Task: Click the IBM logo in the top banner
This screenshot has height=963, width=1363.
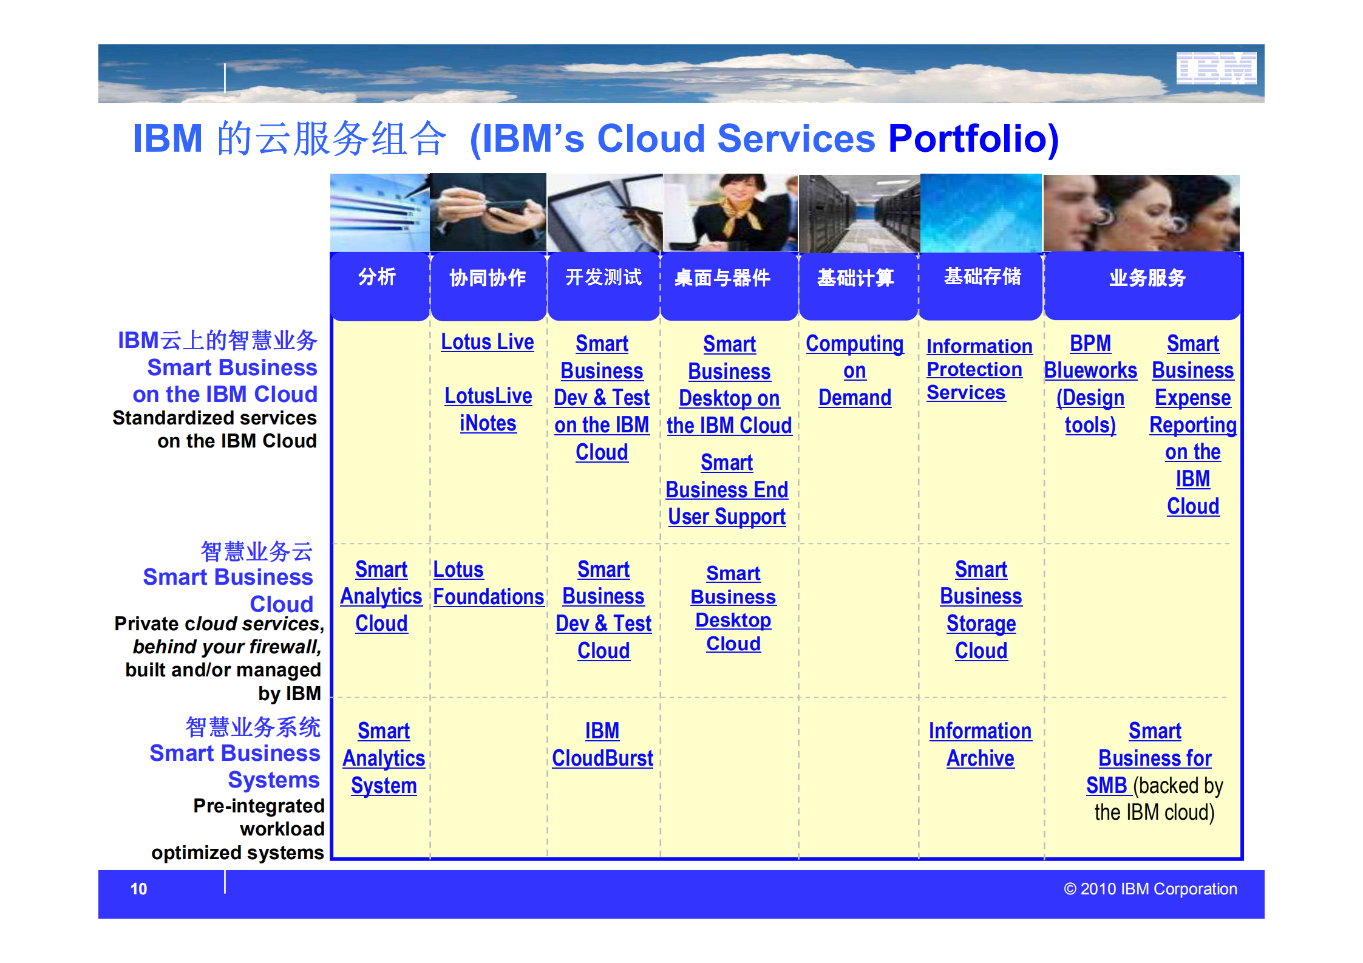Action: tap(1216, 68)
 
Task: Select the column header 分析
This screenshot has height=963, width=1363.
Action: tap(377, 277)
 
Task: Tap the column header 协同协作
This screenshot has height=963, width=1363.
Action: tap(488, 277)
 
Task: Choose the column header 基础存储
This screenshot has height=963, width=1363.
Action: tap(982, 276)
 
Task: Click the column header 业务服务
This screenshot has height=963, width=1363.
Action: tap(1147, 277)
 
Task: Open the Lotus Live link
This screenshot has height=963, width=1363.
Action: tap(488, 342)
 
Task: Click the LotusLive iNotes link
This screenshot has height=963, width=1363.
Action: tap(488, 409)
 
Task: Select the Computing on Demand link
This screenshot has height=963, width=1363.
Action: tap(855, 370)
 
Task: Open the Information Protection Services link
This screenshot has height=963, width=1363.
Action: tap(979, 369)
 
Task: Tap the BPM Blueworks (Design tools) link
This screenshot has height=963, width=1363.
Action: tap(1090, 384)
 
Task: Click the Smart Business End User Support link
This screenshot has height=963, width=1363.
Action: tap(727, 489)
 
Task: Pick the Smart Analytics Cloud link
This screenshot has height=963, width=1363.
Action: tap(381, 596)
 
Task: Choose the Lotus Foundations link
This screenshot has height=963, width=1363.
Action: tap(489, 583)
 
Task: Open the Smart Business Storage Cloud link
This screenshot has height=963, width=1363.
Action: tap(981, 610)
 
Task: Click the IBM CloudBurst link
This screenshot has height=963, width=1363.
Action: tap(602, 744)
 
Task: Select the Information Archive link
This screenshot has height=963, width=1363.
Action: tap(981, 744)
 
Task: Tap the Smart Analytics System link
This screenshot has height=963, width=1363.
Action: tap(384, 758)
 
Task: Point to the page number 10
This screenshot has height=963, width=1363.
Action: tap(138, 889)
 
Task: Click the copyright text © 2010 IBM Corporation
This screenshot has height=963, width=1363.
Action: tap(1151, 889)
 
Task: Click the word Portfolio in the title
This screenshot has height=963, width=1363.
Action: tap(973, 138)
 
